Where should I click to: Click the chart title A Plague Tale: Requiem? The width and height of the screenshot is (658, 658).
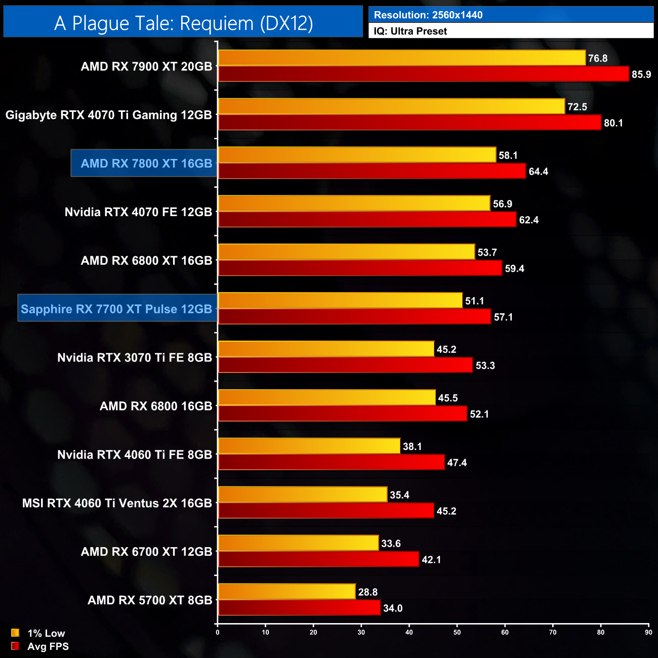pyautogui.click(x=183, y=23)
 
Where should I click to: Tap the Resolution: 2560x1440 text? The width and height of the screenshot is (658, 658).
pyautogui.click(x=428, y=15)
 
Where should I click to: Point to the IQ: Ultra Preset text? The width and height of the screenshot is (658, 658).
pyautogui.click(x=410, y=31)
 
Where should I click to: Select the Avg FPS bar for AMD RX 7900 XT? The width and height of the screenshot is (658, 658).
pyautogui.click(x=423, y=74)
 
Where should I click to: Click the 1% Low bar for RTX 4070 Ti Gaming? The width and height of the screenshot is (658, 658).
pyautogui.click(x=391, y=106)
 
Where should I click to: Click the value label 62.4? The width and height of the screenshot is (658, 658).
pyautogui.click(x=528, y=220)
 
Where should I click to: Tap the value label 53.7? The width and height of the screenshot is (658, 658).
pyautogui.click(x=487, y=253)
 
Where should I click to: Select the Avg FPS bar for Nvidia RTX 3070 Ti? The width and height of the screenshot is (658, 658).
pyautogui.click(x=345, y=365)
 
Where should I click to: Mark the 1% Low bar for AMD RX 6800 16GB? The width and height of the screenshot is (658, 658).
pyautogui.click(x=326, y=397)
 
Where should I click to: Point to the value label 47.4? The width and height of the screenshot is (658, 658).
pyautogui.click(x=457, y=463)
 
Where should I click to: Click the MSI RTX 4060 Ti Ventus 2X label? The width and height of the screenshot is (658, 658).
pyautogui.click(x=117, y=503)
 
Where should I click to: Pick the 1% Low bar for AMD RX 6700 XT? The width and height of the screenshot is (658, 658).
pyautogui.click(x=298, y=543)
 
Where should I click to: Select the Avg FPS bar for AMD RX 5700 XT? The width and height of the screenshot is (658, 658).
pyautogui.click(x=299, y=607)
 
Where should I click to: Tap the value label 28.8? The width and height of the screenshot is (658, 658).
pyautogui.click(x=367, y=592)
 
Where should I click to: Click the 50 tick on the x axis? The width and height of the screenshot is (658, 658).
pyautogui.click(x=457, y=632)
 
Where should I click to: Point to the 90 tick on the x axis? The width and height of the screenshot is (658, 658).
pyautogui.click(x=648, y=632)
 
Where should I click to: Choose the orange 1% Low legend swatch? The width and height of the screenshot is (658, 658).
pyautogui.click(x=15, y=633)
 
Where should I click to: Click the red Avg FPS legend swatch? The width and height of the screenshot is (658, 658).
pyautogui.click(x=15, y=646)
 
